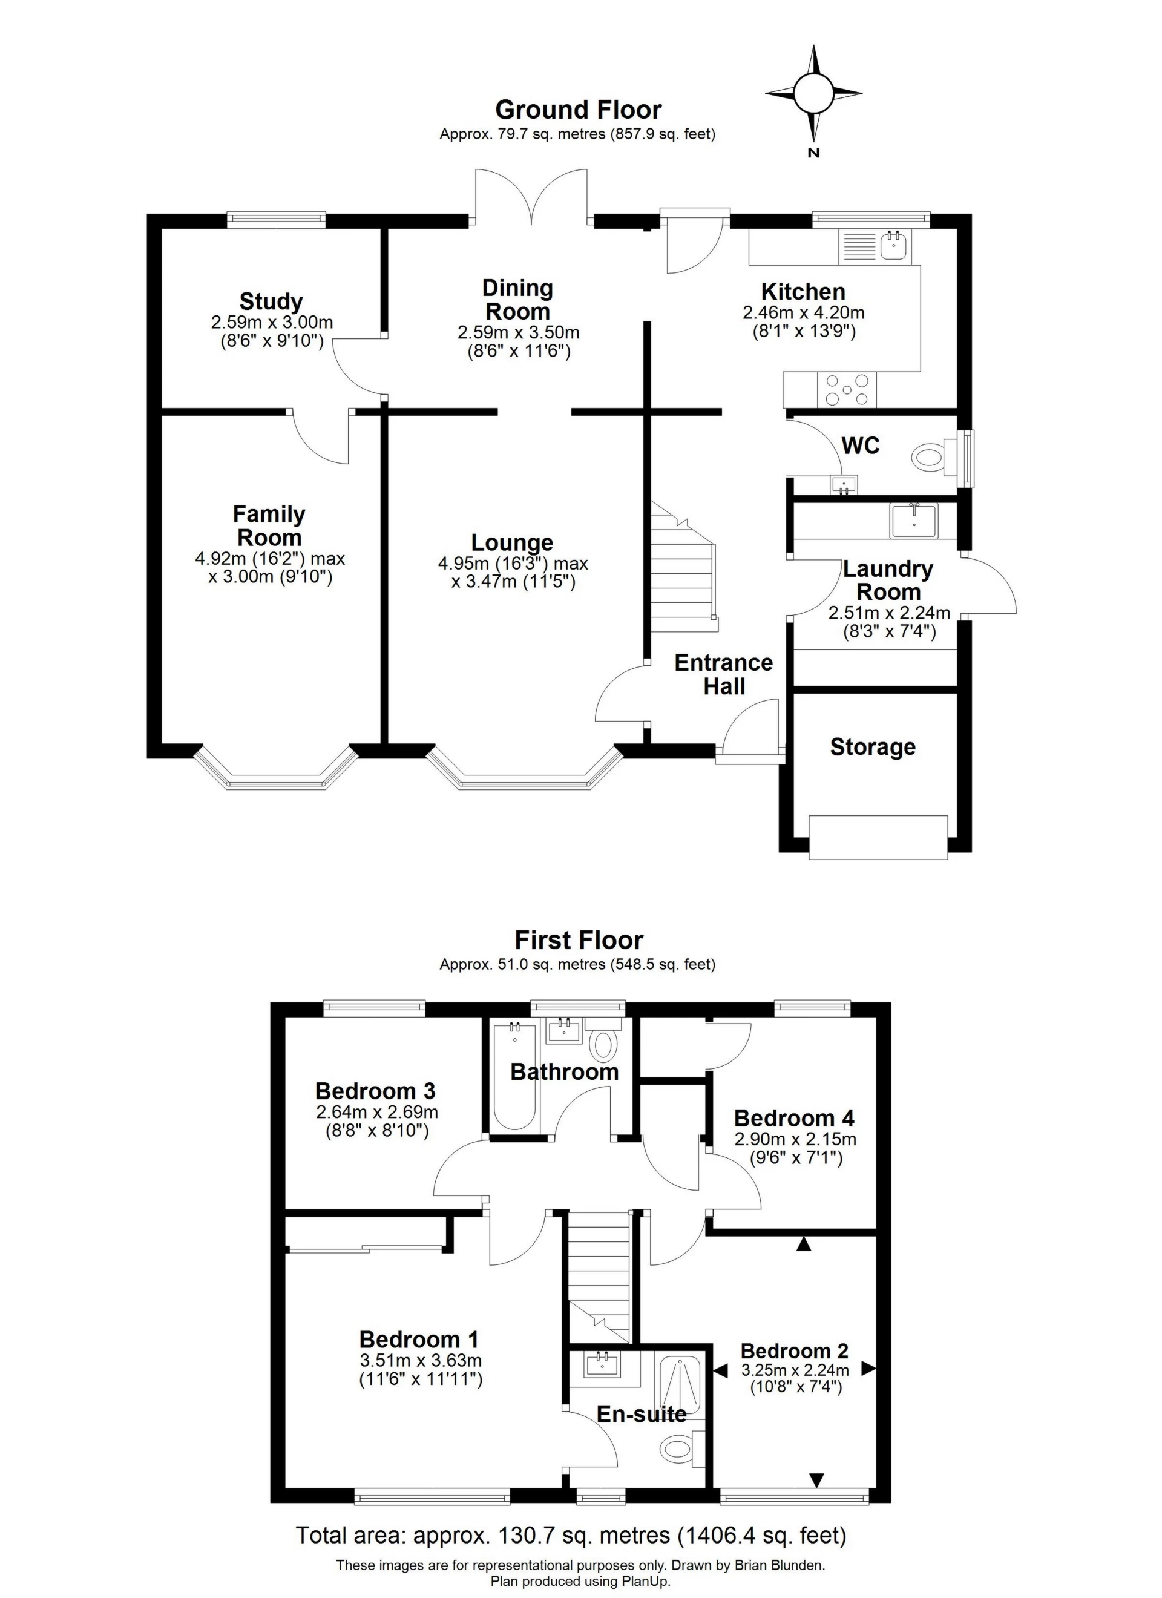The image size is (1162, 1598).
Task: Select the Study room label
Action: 271,301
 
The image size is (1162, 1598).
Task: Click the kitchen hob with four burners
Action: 847,390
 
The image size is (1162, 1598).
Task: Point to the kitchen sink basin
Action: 895,246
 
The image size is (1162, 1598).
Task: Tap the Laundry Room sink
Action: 913,521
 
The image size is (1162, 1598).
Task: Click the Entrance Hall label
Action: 724,674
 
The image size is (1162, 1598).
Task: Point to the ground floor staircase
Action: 682,571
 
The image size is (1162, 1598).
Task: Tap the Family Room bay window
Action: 275,775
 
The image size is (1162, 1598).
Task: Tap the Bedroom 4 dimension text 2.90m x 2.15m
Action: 795,1139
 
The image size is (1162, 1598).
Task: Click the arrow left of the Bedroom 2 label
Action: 720,1370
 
